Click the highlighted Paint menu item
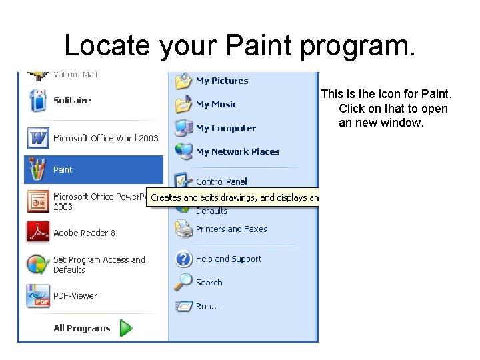point(93,169)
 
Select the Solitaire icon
point(38,101)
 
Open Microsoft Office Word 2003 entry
point(105,138)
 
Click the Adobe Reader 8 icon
point(38,232)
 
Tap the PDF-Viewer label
point(75,296)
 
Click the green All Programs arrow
point(126,328)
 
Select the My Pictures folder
point(221,81)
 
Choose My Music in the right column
point(216,105)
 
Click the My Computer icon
point(184,128)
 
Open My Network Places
point(237,152)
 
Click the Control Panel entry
point(221,181)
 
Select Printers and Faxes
point(231,229)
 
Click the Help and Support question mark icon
point(184,259)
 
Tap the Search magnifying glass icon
point(184,283)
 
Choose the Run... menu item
point(207,307)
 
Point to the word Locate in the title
point(107,45)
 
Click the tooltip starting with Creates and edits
point(233,197)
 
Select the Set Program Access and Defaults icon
point(38,265)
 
